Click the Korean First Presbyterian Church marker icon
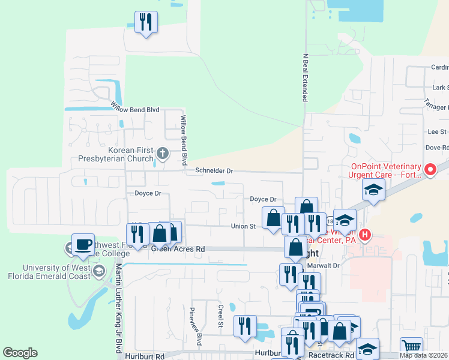point(161,154)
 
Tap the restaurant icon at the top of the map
point(146,22)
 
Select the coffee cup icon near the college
point(83,245)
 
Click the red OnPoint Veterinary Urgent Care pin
point(430,170)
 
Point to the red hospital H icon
point(365,233)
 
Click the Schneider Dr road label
point(213,171)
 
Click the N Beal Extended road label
point(305,76)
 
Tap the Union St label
point(244,226)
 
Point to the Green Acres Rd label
point(178,248)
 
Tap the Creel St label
point(221,316)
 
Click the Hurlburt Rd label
point(145,356)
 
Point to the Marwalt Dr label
point(327,265)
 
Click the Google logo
point(20,353)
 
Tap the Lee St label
point(436,131)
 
